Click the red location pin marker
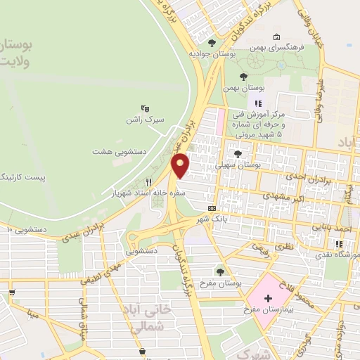181,165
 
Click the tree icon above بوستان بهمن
244,77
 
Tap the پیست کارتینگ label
23,175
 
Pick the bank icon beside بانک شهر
212,209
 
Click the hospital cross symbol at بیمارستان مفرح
268,298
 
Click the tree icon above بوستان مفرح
221,270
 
